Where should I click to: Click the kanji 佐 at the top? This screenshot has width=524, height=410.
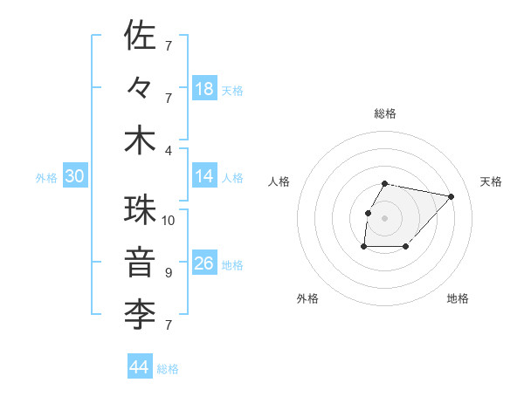[x=141, y=36]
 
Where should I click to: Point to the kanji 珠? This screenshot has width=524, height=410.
[x=141, y=210]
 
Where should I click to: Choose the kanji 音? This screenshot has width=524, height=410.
[x=141, y=263]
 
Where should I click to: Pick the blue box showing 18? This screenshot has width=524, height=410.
[x=204, y=88]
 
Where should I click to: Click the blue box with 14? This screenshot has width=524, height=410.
[x=204, y=176]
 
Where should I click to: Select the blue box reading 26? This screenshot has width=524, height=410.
[x=204, y=263]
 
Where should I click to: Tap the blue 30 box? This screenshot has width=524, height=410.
[x=75, y=176]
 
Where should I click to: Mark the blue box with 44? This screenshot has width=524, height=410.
[x=140, y=367]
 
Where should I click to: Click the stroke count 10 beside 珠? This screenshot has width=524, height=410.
[x=169, y=220]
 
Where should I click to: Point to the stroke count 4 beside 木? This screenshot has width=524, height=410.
[x=169, y=149]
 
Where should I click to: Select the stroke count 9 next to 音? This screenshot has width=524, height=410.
[x=169, y=273]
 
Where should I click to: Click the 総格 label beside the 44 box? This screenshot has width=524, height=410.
[x=168, y=369]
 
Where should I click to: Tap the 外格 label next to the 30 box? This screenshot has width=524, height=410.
[x=46, y=178]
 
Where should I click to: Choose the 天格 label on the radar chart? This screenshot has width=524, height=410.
[x=491, y=181]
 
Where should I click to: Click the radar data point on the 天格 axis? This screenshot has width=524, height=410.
[x=451, y=196]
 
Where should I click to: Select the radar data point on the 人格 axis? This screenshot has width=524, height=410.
[x=368, y=213]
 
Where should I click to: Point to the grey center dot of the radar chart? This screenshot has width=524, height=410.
[x=384, y=218]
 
